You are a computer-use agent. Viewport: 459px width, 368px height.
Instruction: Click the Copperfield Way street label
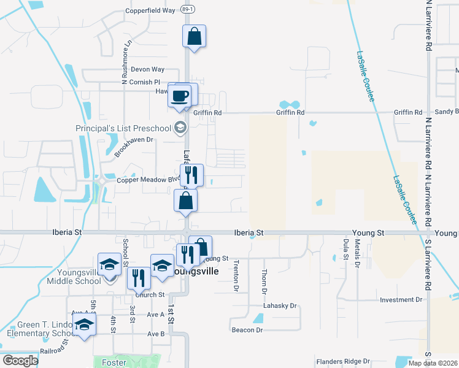coord(150,10)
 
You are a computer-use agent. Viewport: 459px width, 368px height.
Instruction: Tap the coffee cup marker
coord(180,96)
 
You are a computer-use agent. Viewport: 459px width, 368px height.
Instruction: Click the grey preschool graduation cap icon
coord(180,128)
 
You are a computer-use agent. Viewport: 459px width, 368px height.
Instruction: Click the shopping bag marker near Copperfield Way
coord(194,36)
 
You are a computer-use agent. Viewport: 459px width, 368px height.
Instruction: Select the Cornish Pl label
coord(144,82)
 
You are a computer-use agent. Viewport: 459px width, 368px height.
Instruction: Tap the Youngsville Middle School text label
coord(73,277)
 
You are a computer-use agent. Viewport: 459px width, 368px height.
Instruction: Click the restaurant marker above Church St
coord(139,278)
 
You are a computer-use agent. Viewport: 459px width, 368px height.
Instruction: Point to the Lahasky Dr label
coord(280,305)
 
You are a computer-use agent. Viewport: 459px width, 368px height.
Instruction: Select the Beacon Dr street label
coord(247,330)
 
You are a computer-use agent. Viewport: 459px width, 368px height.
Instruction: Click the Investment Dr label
coord(401,300)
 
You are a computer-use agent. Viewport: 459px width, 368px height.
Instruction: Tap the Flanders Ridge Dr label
coord(344,361)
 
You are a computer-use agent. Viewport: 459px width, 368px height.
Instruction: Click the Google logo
coord(20,361)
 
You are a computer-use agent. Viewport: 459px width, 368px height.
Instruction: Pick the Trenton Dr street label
coord(236,275)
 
